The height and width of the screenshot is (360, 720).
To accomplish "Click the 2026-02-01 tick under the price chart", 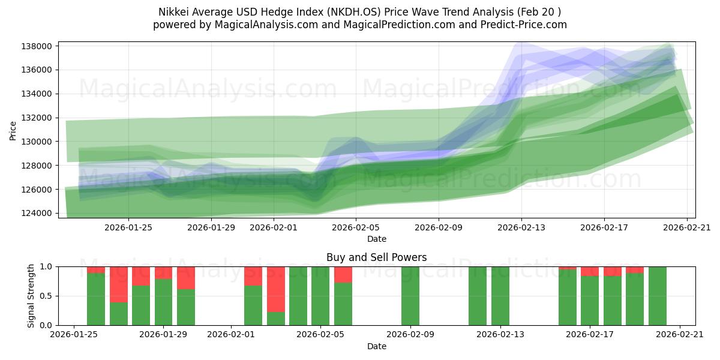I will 274,227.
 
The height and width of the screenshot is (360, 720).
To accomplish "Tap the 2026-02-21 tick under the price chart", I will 686,227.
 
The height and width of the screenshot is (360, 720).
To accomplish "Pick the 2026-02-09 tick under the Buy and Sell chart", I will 410,335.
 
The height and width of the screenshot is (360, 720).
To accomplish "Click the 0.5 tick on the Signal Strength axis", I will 46,296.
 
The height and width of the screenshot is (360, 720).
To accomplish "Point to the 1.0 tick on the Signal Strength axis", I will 46,266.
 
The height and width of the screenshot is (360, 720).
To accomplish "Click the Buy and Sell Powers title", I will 376,257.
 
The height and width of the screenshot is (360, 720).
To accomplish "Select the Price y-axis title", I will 13,130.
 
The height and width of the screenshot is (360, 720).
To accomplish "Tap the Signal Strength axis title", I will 31,296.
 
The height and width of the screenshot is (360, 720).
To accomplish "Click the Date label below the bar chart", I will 376,346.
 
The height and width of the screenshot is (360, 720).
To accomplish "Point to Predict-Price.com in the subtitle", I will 520,25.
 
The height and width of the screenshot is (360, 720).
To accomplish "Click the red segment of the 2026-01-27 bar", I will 119,284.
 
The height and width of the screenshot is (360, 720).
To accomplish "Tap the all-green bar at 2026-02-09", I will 410,296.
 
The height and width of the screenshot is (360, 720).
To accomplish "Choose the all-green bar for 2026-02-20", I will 658,296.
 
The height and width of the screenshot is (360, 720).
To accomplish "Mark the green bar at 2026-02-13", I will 500,296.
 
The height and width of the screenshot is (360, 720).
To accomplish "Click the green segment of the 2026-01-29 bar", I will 163,302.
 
